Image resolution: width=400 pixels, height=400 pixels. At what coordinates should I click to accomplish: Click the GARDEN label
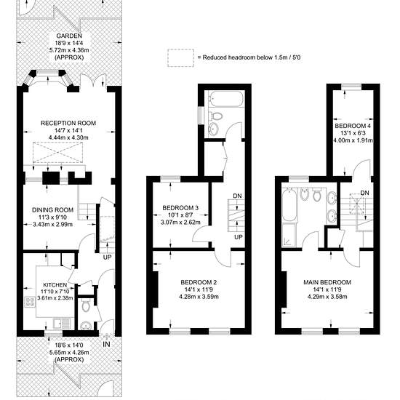tap(69, 36)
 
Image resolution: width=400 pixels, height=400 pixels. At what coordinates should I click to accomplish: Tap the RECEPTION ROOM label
tap(68, 123)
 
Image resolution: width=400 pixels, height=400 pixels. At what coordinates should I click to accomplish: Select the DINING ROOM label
tap(52, 210)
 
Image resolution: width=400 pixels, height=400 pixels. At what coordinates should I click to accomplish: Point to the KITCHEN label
tap(55, 285)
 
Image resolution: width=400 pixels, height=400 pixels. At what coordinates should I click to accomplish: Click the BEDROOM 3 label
tap(180, 208)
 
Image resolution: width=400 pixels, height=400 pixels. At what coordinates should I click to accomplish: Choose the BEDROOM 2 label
tap(199, 282)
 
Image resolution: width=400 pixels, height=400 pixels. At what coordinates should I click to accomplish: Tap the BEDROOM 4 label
tap(353, 126)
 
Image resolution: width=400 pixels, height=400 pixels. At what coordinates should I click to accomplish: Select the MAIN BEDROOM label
tap(327, 282)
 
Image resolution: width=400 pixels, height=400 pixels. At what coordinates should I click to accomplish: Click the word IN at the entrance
tap(106, 345)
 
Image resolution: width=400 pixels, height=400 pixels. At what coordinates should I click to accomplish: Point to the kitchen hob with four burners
tap(30, 302)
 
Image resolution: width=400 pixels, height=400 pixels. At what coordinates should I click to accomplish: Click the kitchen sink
tap(60, 324)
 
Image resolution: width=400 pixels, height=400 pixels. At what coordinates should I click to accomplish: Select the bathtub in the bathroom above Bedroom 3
tap(225, 97)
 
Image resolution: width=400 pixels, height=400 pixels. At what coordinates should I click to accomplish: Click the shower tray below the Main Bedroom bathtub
tap(289, 235)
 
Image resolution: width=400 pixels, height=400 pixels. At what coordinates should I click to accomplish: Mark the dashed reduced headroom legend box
tap(180, 58)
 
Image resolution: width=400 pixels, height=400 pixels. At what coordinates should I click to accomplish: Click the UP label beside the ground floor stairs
tap(108, 257)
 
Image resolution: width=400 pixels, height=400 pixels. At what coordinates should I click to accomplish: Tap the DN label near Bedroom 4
tap(365, 193)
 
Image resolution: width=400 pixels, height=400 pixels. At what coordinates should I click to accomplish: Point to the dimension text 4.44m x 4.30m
tap(68, 137)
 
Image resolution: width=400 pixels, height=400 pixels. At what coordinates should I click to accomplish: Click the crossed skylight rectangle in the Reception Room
tap(58, 153)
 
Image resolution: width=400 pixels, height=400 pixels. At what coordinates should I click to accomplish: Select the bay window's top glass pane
tap(48, 73)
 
